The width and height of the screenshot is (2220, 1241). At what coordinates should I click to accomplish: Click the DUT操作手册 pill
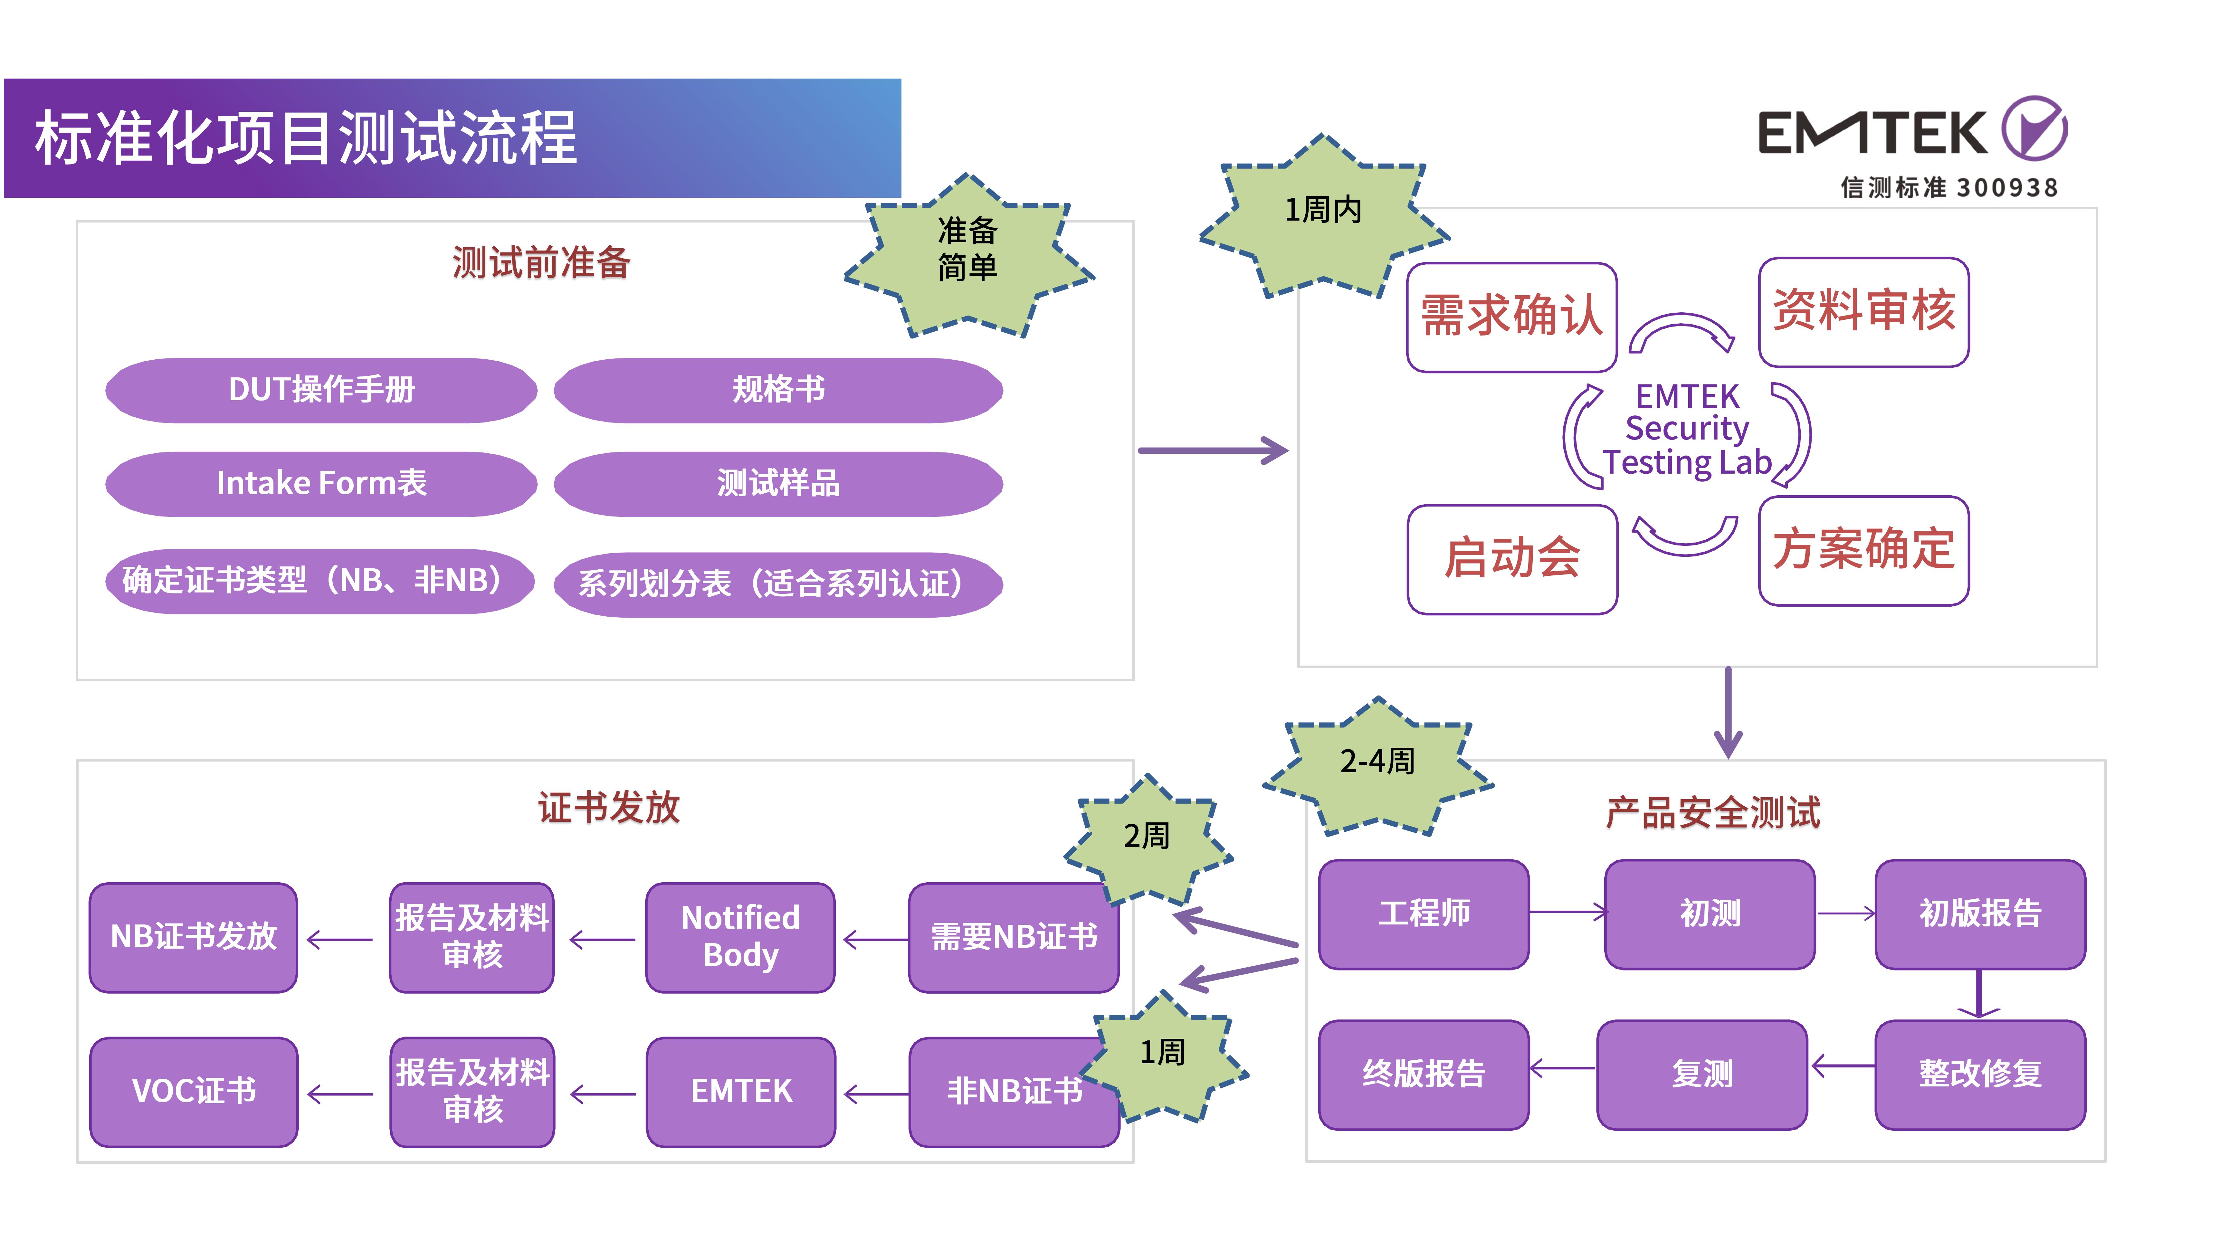320,390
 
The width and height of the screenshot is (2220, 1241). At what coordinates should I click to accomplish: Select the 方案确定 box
1863,550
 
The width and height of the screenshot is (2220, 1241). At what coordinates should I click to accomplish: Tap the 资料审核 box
1863,312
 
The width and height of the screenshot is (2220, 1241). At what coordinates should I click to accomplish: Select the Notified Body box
740,937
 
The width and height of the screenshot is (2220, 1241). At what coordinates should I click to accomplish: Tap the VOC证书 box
194,1091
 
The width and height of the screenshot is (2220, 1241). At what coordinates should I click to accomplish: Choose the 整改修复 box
1979,1074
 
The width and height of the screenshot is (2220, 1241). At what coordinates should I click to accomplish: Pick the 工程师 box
1424,914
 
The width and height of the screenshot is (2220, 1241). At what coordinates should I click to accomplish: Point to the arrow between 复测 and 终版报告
1562,1069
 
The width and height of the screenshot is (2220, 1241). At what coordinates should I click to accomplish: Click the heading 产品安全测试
1712,813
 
